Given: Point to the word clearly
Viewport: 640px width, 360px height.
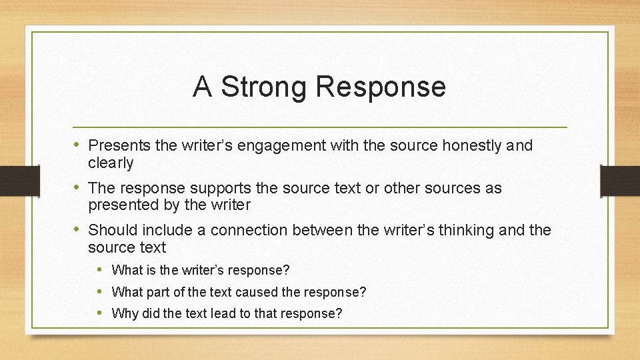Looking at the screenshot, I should pyautogui.click(x=111, y=163).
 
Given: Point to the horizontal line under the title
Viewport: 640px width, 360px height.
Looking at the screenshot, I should pyautogui.click(x=320, y=127).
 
